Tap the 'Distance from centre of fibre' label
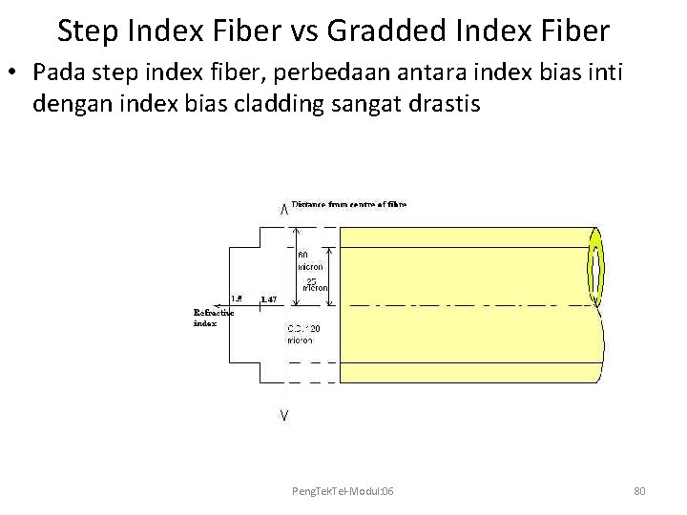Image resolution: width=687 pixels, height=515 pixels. (x=348, y=204)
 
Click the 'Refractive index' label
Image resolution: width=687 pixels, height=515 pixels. (x=214, y=318)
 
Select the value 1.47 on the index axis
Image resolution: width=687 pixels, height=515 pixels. (x=268, y=299)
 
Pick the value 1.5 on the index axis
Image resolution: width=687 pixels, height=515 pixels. (x=237, y=299)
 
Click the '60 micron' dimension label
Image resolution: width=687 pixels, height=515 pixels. (x=310, y=261)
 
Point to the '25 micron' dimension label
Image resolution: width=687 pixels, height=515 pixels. (x=315, y=283)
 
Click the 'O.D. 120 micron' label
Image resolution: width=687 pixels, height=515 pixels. (x=304, y=334)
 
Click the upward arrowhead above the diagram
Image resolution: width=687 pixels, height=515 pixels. (x=284, y=211)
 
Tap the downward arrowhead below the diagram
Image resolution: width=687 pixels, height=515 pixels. (x=284, y=415)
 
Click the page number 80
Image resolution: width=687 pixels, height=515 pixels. (x=639, y=490)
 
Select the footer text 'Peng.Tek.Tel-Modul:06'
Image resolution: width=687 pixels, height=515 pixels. (x=343, y=490)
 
